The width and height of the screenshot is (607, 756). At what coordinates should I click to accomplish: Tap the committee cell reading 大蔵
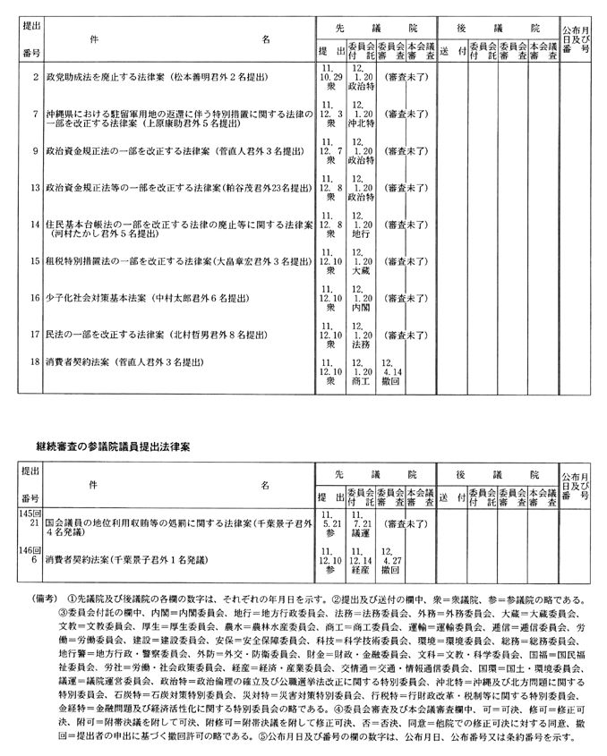[358, 268]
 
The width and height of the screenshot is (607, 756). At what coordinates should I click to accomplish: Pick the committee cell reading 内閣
[358, 306]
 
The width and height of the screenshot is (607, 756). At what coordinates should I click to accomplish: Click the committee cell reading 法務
[358, 343]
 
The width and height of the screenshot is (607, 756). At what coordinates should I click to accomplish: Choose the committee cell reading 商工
[358, 380]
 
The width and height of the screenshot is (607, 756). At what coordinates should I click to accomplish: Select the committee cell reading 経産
[358, 568]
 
